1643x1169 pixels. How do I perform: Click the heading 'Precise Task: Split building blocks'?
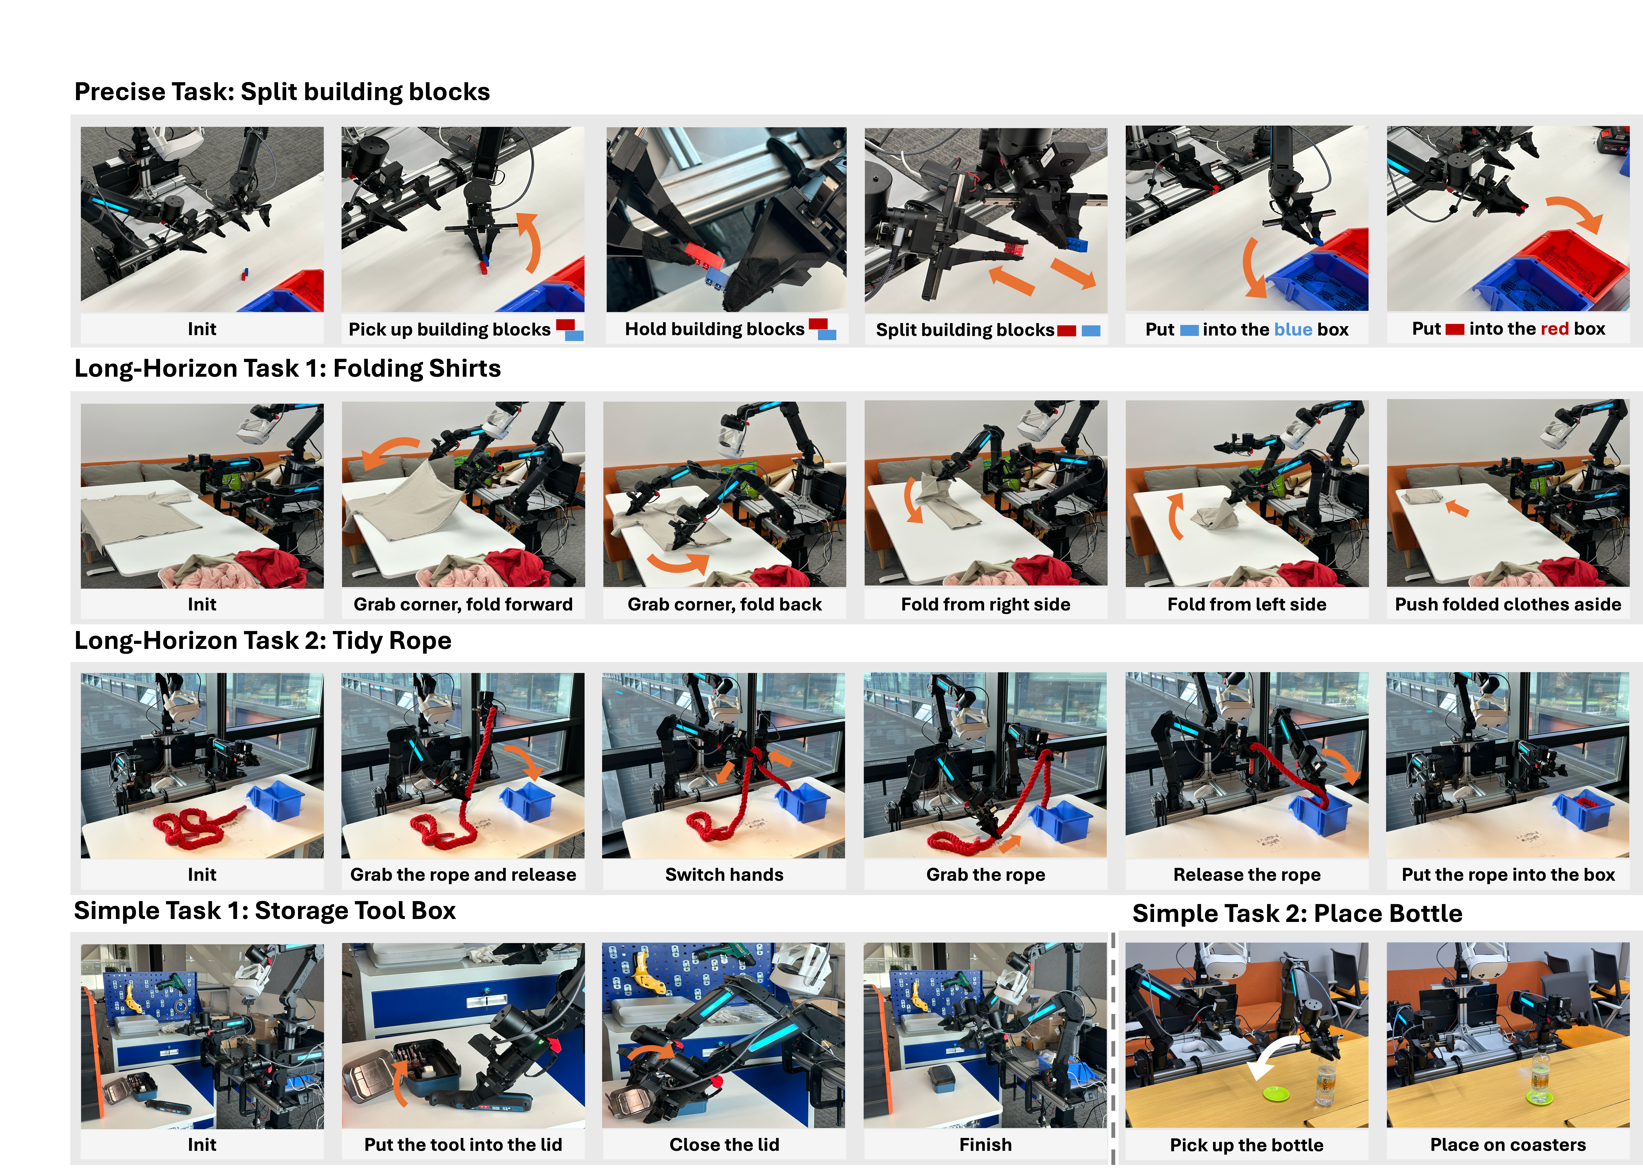(x=282, y=92)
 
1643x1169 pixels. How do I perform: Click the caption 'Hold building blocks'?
(x=714, y=329)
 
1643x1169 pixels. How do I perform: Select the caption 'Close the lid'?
(x=724, y=1145)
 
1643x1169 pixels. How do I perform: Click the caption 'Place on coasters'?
(x=1508, y=1145)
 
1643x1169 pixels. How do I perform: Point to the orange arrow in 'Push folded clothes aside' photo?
(x=1457, y=507)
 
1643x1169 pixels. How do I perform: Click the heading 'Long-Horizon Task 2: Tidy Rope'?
(x=263, y=641)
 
